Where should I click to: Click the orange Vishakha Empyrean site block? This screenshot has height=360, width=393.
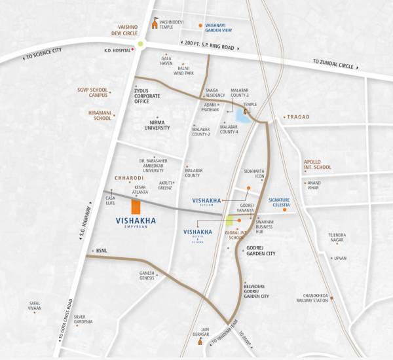pos(136,207)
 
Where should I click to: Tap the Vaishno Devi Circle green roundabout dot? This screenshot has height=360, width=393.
pos(140,45)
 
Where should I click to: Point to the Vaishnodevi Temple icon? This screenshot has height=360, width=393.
pos(155,24)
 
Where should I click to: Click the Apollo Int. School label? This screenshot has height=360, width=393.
pos(317,164)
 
